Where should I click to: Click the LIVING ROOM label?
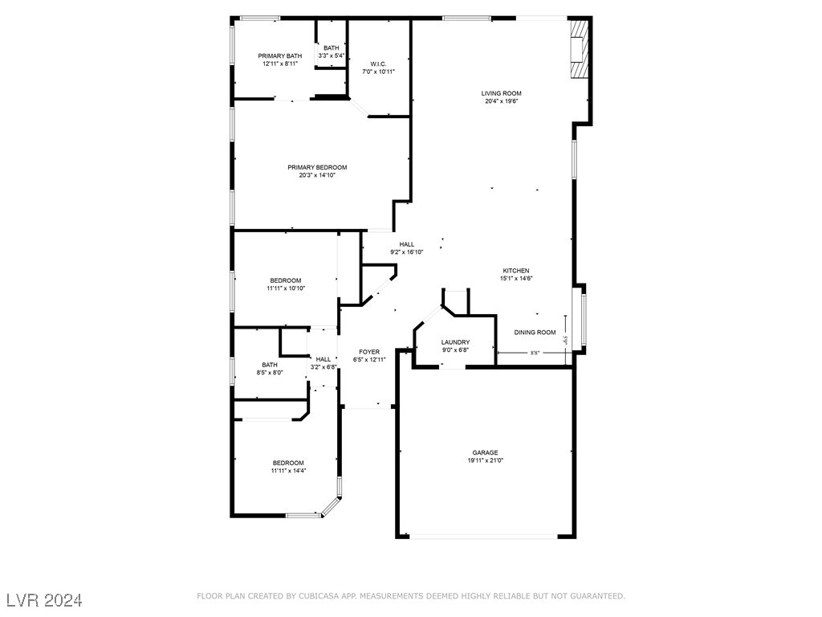pyautogui.click(x=503, y=93)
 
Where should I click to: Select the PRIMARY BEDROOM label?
pyautogui.click(x=317, y=167)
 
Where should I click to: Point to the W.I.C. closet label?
pyautogui.click(x=379, y=63)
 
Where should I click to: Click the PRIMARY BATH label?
pyautogui.click(x=280, y=55)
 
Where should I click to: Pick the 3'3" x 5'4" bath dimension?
pyautogui.click(x=332, y=55)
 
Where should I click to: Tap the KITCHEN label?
pyautogui.click(x=516, y=270)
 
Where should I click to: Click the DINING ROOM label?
pyautogui.click(x=535, y=332)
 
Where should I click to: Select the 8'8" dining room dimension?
pyautogui.click(x=535, y=353)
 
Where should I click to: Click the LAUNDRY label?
pyautogui.click(x=455, y=342)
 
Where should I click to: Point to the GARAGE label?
pyautogui.click(x=485, y=452)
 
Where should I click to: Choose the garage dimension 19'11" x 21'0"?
pyautogui.click(x=485, y=460)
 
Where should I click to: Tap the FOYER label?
pyautogui.click(x=369, y=351)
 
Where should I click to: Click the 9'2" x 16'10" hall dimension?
pyautogui.click(x=407, y=251)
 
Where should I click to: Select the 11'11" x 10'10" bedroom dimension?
pyautogui.click(x=286, y=288)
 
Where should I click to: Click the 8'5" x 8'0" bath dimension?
pyautogui.click(x=270, y=372)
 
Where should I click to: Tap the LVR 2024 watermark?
pyautogui.click(x=44, y=600)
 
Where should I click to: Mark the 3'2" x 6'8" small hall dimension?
pyautogui.click(x=324, y=367)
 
